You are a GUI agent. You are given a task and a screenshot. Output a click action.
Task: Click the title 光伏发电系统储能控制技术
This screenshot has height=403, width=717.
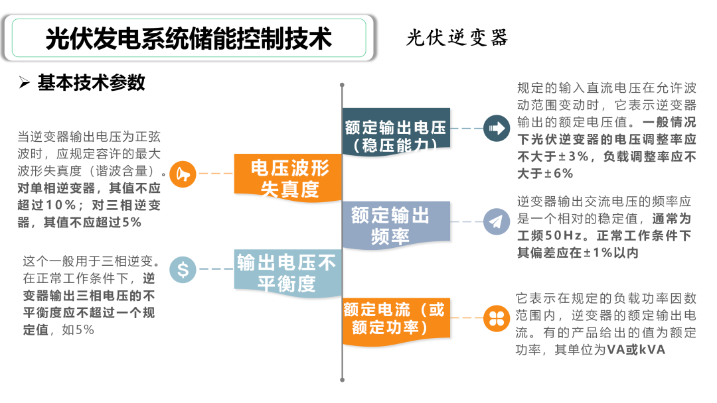(x=189, y=38)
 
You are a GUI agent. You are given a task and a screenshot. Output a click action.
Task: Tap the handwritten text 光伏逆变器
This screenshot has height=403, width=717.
(x=457, y=37)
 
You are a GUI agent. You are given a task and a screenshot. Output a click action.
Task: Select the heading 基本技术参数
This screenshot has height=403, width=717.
(x=92, y=83)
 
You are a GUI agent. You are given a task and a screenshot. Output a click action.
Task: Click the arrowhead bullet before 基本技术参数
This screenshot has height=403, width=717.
(x=25, y=83)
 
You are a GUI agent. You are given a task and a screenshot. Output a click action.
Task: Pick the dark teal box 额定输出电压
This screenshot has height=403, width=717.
(x=396, y=131)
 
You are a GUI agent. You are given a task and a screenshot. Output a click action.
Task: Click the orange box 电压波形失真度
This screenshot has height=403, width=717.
(x=288, y=178)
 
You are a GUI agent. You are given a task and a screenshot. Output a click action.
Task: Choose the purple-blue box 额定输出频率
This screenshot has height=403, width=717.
(x=396, y=225)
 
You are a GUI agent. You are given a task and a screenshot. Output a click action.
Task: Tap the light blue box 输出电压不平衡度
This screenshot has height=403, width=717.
(x=288, y=273)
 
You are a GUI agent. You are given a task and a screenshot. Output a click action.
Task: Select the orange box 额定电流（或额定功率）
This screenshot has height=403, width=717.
(x=396, y=321)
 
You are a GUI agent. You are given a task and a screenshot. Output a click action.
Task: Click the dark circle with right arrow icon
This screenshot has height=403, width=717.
(x=497, y=128)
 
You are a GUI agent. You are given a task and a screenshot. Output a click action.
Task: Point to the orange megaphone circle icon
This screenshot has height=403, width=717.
(x=183, y=174)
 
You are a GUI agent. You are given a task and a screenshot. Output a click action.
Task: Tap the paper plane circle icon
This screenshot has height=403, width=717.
(x=497, y=222)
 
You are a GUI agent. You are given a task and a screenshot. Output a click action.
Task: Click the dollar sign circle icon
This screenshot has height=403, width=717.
(x=183, y=269)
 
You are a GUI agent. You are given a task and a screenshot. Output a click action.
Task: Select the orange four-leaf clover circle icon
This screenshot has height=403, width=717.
(x=497, y=318)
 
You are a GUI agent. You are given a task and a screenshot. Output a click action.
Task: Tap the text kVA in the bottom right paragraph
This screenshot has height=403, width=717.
(x=652, y=349)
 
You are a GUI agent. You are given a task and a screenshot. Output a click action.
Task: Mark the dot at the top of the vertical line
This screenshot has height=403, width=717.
(x=342, y=85)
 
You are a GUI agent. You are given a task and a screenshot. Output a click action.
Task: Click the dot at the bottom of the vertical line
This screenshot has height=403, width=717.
(x=342, y=380)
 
